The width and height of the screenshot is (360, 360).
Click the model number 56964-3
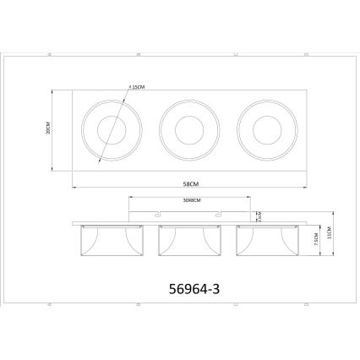pyautogui.click(x=189, y=288)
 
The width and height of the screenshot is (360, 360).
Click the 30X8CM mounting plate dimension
pyautogui.click(x=189, y=201)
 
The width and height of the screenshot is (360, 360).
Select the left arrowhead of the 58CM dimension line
pyautogui.click(x=74, y=188)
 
